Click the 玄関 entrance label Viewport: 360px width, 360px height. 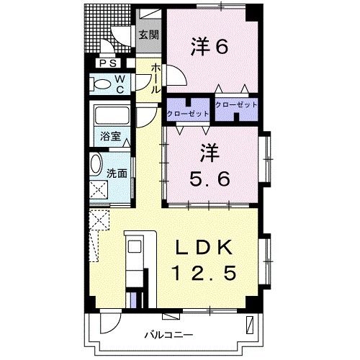tap(149, 35)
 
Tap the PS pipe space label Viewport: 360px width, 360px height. tap(108, 63)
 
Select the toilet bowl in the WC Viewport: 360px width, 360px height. tap(101, 84)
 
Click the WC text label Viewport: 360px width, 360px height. tap(120, 84)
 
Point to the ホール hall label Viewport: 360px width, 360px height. tap(156, 78)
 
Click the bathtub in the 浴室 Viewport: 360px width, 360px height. tap(112, 114)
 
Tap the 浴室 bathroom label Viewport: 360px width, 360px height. tap(110, 137)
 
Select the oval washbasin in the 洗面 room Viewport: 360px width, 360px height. tap(96, 164)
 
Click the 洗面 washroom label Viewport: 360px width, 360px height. tap(117, 174)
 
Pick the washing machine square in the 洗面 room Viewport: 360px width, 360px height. tap(99, 189)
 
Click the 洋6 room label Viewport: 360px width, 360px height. tap(210, 47)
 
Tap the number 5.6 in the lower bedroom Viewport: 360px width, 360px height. tap(210, 179)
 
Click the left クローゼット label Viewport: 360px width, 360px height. tap(188, 114)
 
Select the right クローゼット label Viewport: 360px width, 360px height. tap(236, 105)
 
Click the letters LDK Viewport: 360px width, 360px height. tap(204, 247)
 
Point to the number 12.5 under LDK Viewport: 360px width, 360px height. tap(204, 273)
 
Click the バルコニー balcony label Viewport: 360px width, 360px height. tap(168, 335)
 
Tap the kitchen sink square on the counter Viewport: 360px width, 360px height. tap(135, 246)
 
